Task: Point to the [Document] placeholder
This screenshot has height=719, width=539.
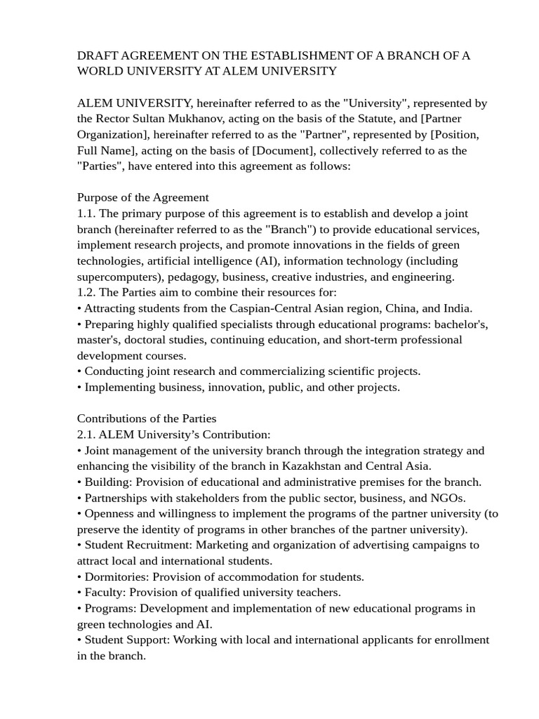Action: [281, 150]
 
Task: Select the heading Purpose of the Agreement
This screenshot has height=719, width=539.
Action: [142, 197]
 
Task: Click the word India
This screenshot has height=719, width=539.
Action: [456, 308]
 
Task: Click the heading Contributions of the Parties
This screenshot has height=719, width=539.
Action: [146, 418]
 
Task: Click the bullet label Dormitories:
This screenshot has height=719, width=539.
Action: [116, 577]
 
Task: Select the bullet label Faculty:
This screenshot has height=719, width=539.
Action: [105, 593]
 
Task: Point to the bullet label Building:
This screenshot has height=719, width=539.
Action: [108, 482]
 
